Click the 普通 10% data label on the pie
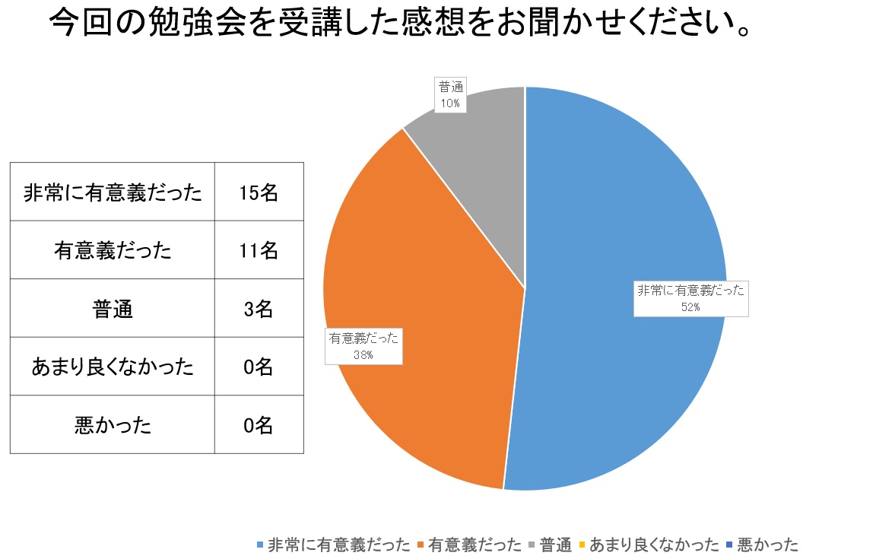tap(449, 95)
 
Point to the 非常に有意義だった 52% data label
tap(691, 298)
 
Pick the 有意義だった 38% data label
tap(363, 345)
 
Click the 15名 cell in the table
tap(259, 192)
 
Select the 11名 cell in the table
tap(259, 250)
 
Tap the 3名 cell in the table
tap(259, 309)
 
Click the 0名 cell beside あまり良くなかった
tap(259, 367)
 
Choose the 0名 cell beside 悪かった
tap(259, 424)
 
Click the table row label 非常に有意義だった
tap(113, 192)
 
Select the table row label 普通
tap(113, 309)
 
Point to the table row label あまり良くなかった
tap(113, 367)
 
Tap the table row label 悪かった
tap(113, 424)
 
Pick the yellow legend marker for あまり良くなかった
tap(582, 545)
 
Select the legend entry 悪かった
tap(768, 545)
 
